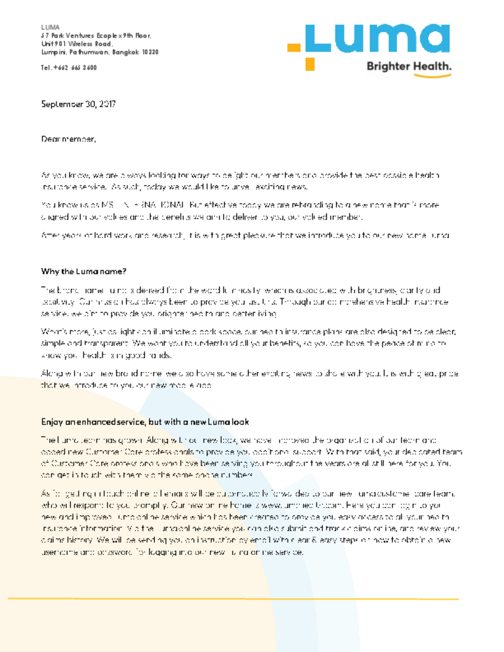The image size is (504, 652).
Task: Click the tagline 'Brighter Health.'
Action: coord(408,66)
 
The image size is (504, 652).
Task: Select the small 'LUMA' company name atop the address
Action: coord(50,27)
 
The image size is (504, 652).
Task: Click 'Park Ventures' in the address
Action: coord(69,35)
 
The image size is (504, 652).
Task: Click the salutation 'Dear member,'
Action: coord(69,139)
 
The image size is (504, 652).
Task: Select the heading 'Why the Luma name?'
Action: coord(84,272)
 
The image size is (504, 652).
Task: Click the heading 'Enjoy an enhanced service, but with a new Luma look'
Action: coord(145,422)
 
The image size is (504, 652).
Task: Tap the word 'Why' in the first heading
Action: coord(49,272)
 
